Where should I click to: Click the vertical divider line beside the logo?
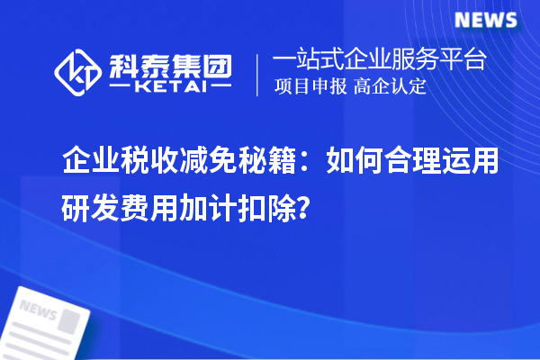pos(258,75)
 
